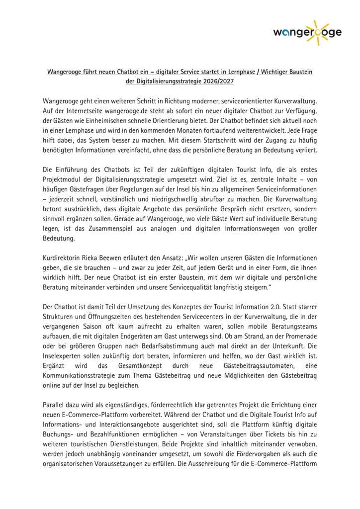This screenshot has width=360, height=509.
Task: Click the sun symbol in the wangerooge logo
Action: (317, 31)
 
